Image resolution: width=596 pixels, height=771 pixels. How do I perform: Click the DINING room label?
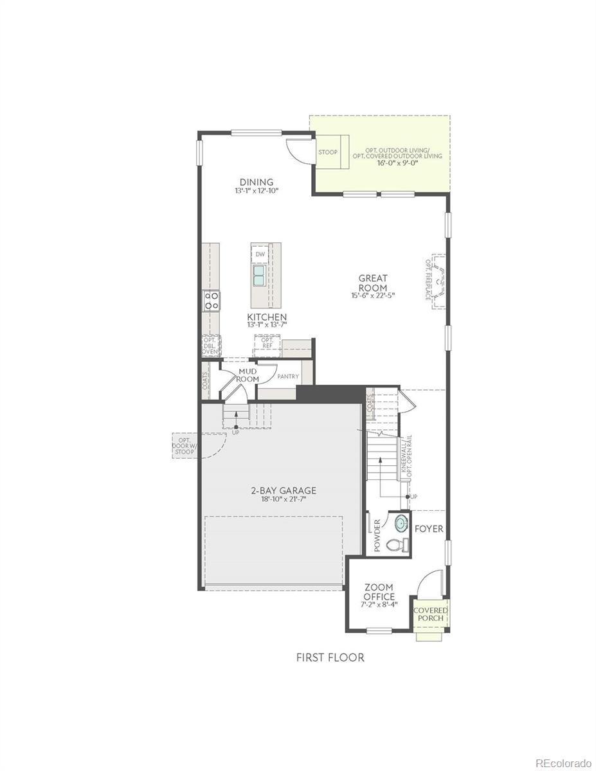(x=257, y=182)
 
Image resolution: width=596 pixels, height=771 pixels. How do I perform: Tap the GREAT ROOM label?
(x=373, y=283)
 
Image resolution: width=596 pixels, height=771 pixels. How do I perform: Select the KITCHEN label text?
(x=267, y=317)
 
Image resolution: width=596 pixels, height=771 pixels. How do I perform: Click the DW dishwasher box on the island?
(x=260, y=254)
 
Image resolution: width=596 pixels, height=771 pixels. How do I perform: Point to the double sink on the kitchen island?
(x=260, y=276)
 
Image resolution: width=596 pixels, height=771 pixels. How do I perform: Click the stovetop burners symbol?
(x=212, y=301)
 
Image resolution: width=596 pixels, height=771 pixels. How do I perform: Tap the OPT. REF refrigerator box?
(x=267, y=344)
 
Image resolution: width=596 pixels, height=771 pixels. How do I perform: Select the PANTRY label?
(x=288, y=377)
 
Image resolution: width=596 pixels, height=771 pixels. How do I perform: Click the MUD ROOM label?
(x=248, y=375)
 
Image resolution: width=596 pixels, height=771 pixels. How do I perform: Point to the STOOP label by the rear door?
(x=327, y=152)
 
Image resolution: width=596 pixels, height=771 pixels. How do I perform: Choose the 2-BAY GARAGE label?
(x=284, y=491)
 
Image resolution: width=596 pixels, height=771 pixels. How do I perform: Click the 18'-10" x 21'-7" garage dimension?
(x=284, y=499)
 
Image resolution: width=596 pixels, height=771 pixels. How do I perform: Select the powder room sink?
(x=401, y=524)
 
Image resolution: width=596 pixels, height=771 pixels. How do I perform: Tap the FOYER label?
(x=428, y=529)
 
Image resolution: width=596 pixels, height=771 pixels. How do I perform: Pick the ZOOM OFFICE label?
(x=379, y=592)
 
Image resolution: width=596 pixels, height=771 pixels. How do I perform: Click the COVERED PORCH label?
(x=430, y=614)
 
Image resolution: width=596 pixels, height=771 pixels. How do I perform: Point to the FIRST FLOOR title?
(x=330, y=657)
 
